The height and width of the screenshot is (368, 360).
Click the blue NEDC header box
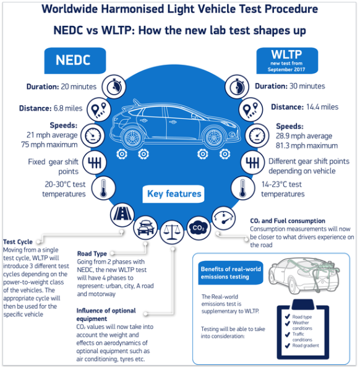[74, 61]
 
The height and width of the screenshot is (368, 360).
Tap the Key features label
[174, 194]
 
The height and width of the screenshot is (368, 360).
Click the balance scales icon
[171, 233]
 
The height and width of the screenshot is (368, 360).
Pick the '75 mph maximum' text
[51, 145]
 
